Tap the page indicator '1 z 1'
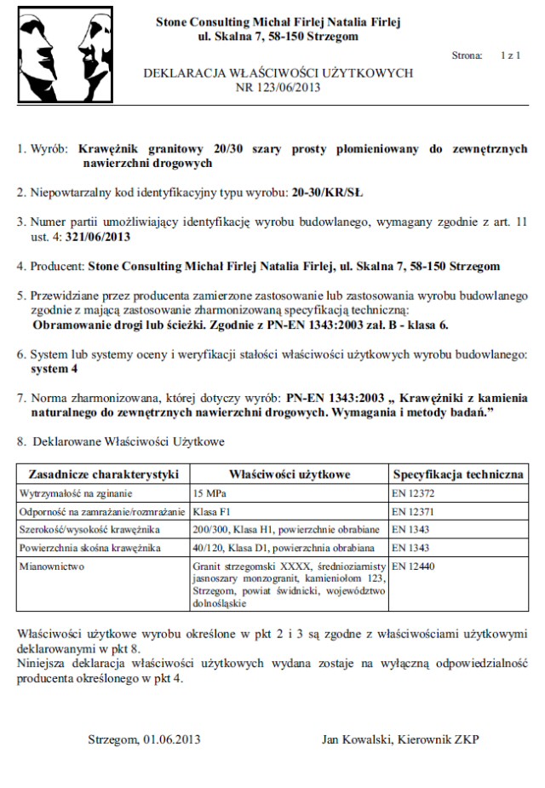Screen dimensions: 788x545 510,55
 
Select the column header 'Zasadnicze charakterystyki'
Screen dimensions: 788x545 103,474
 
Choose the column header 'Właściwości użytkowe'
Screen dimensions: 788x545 290,474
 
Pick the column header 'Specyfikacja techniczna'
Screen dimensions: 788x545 457,474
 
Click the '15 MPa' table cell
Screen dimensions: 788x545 209,492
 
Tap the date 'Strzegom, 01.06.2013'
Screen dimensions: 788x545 144,739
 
